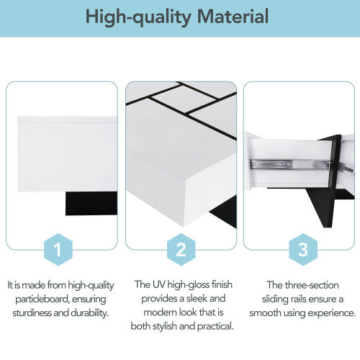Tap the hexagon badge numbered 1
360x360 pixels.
click(x=60, y=250)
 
